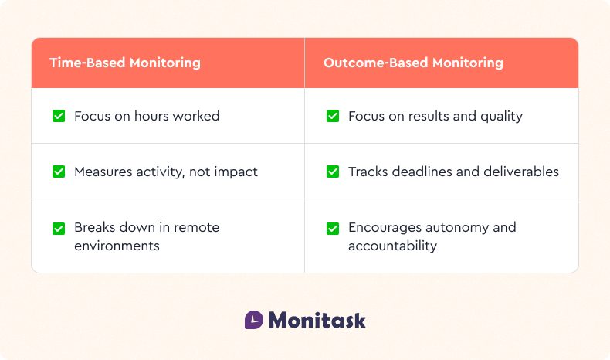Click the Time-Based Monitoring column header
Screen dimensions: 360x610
click(125, 63)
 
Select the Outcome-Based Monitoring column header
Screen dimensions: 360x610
click(413, 63)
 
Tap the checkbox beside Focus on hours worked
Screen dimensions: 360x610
click(59, 116)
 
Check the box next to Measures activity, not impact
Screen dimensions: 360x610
click(59, 172)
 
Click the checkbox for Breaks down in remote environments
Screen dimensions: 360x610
click(59, 228)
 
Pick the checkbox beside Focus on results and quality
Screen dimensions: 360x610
click(333, 116)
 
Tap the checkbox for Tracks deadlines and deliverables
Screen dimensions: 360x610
click(333, 172)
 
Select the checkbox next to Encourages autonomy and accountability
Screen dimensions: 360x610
click(333, 228)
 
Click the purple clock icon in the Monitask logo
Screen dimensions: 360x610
click(254, 320)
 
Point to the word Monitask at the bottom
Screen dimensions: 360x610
click(317, 320)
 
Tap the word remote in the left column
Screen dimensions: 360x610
click(196, 227)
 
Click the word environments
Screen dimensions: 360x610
click(117, 246)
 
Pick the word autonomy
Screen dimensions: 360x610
click(456, 227)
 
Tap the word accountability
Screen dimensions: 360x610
click(392, 246)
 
